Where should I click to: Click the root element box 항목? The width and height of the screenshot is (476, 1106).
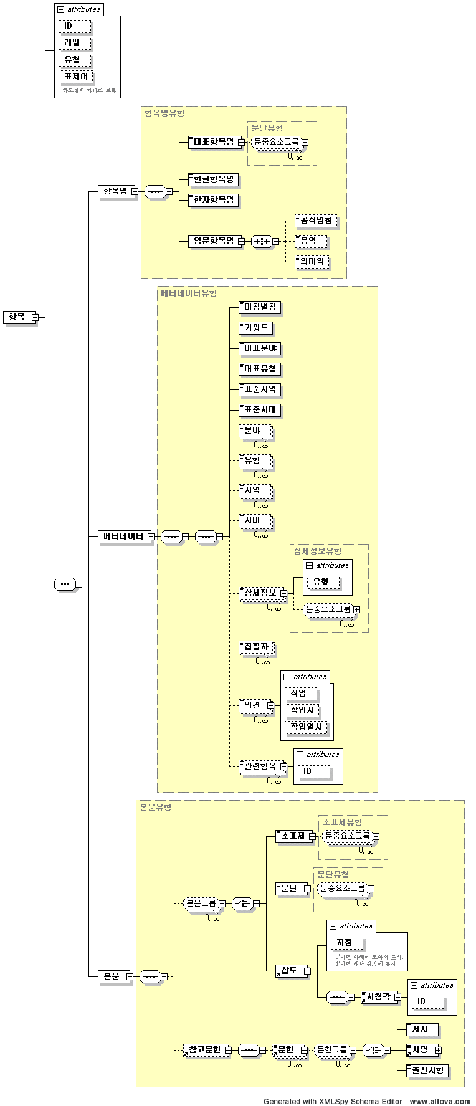[17, 317]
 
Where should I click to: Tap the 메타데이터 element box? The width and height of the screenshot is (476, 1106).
[123, 536]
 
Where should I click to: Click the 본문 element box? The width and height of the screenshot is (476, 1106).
[112, 976]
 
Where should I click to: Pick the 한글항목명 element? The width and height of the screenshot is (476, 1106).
[213, 180]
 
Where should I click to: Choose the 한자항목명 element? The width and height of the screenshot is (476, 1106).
[213, 200]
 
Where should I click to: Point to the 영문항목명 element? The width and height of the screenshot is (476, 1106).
[213, 241]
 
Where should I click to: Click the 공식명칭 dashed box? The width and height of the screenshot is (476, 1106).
[316, 221]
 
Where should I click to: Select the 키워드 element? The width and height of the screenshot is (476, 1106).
[256, 328]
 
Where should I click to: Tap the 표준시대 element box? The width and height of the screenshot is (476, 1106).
[260, 410]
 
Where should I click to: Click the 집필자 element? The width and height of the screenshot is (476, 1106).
[256, 647]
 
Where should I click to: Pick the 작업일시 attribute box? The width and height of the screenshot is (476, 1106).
[307, 727]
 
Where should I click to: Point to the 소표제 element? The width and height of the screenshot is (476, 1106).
[293, 836]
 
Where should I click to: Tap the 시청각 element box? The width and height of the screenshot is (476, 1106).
[378, 997]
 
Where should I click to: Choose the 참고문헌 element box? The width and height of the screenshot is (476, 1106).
[204, 1050]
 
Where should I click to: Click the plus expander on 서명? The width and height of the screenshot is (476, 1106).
[439, 1051]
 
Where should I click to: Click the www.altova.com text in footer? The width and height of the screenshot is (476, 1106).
[440, 1101]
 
